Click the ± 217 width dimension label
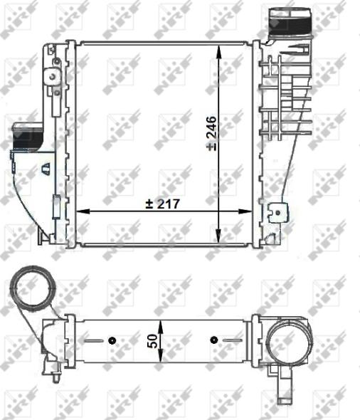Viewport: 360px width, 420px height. pyautogui.click(x=164, y=204)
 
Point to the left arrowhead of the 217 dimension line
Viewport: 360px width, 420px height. pyautogui.click(x=80, y=211)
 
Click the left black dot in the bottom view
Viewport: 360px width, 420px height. pyautogui.click(x=112, y=341)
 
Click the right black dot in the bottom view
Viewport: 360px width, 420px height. pyautogui.click(x=213, y=341)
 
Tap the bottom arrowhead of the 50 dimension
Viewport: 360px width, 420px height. pyautogui.click(x=163, y=358)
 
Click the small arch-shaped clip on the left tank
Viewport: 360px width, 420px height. pyautogui.click(x=46, y=169)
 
